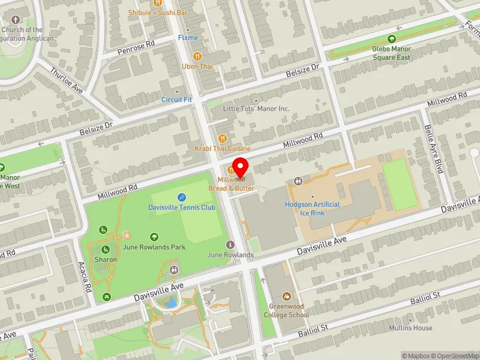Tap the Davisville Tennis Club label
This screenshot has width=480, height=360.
point(181,208)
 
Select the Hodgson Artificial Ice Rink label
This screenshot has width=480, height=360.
point(312,208)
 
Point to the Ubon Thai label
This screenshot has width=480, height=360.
point(198,67)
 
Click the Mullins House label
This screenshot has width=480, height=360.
point(410,328)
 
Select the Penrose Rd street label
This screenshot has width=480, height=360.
point(136,44)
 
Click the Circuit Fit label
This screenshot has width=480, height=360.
point(176,100)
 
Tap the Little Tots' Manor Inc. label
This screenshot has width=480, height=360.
point(256,109)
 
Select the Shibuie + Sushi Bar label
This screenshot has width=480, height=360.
point(157,12)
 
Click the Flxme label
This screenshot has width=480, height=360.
point(188,38)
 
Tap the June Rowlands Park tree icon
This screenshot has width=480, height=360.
point(154,237)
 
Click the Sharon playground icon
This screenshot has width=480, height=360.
point(105,250)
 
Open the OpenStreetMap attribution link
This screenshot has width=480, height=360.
point(455,356)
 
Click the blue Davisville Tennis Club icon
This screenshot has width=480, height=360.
point(181,197)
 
